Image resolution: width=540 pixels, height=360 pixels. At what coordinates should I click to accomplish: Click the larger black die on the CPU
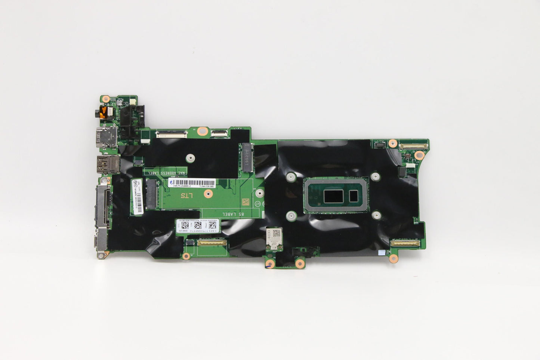(x=334, y=196)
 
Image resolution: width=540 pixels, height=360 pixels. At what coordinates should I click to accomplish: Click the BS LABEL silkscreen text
(x=233, y=214)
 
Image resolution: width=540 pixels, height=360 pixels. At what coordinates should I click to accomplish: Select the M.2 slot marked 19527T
(x=247, y=157)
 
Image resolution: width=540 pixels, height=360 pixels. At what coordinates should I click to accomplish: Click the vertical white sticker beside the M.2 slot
(x=137, y=196)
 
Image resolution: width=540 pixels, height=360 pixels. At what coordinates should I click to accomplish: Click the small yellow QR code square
(x=245, y=202)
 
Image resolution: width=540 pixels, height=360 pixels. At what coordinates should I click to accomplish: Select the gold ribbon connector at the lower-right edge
(x=405, y=243)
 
